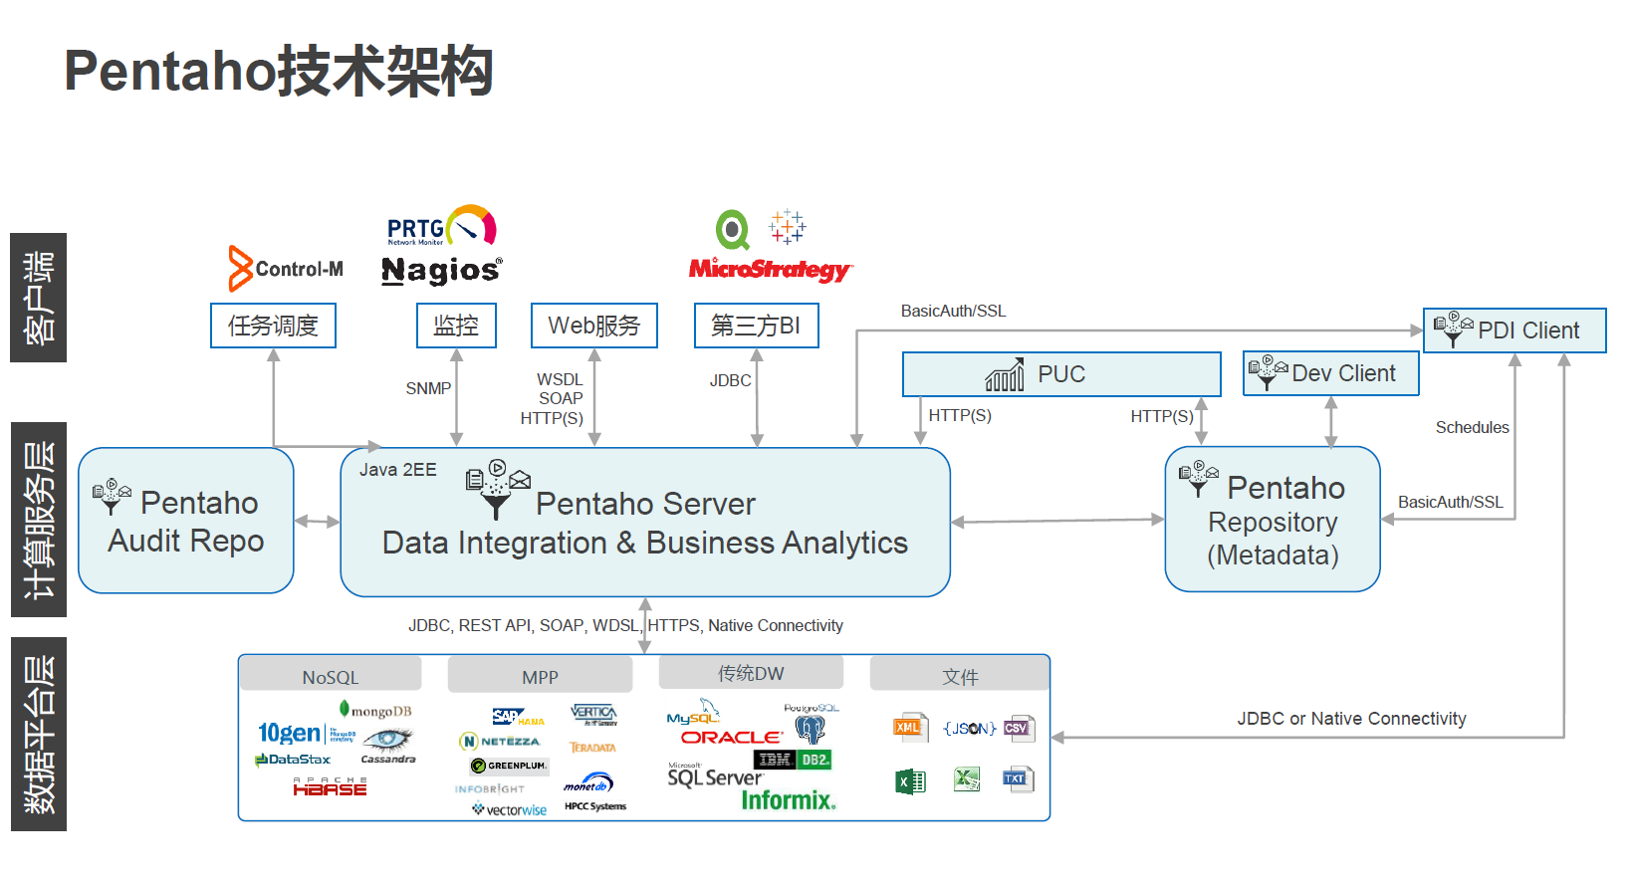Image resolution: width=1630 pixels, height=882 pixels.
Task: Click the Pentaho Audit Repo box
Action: click(186, 521)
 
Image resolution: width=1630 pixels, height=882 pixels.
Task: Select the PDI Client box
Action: click(1514, 331)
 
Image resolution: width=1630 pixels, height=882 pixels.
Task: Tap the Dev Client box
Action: click(1330, 373)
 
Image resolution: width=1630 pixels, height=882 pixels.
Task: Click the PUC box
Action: click(1061, 374)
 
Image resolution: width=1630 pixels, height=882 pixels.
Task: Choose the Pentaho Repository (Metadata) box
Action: click(1273, 520)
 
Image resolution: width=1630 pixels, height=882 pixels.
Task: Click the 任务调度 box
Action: click(273, 326)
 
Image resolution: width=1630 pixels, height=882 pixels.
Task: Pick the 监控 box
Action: click(456, 326)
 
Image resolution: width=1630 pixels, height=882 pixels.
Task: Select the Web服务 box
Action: click(594, 326)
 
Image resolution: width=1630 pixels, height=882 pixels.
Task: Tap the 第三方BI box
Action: click(756, 326)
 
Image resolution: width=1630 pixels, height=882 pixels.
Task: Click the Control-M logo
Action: click(286, 269)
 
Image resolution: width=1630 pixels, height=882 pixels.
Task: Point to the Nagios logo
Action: click(441, 270)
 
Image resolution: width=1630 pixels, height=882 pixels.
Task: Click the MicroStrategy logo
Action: click(770, 269)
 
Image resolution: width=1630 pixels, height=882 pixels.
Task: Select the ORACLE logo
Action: click(732, 738)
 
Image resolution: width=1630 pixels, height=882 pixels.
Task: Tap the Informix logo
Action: click(788, 800)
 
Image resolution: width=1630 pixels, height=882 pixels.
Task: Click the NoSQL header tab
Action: click(331, 676)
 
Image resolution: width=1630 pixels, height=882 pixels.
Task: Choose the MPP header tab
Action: click(540, 676)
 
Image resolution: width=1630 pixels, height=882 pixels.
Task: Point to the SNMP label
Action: click(428, 388)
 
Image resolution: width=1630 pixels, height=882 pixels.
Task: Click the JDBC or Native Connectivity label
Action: click(1351, 719)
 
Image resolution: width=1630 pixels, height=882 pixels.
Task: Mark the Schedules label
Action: click(1472, 427)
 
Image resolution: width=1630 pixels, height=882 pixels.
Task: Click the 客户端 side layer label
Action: click(39, 298)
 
